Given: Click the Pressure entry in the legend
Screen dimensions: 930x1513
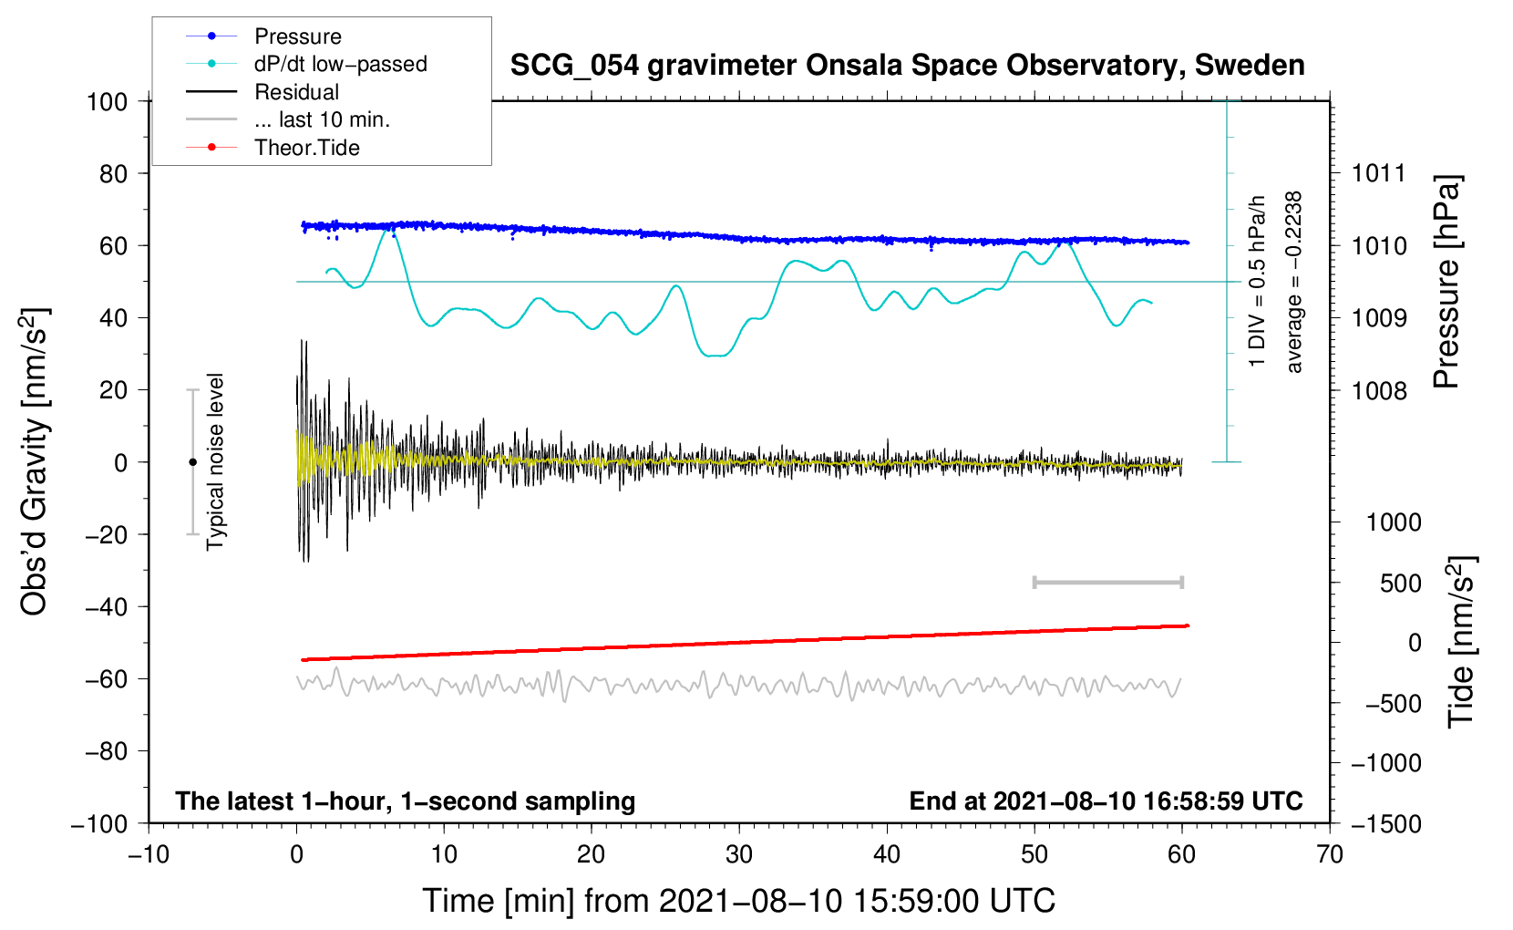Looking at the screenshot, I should click(297, 36).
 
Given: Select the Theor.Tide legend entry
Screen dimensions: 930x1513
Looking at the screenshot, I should click(306, 148).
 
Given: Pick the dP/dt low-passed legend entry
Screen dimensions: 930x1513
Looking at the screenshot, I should click(340, 64).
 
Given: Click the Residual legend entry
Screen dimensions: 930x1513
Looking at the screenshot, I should click(296, 92).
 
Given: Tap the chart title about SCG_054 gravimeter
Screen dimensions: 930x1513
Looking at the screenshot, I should click(907, 66).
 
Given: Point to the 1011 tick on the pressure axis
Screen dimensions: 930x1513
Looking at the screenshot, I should click(1378, 173).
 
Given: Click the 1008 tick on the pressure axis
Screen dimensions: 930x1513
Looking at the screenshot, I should click(1378, 391).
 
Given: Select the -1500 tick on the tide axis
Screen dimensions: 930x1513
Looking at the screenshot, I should click(1385, 824).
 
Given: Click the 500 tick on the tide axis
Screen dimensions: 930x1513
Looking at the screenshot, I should click(1400, 583).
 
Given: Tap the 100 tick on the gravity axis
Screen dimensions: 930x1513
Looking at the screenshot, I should click(107, 101).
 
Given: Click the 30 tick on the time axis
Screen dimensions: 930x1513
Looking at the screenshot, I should click(739, 854).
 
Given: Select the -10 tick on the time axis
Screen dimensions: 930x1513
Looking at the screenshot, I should click(149, 854).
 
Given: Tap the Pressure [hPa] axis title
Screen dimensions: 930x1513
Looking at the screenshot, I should click(1446, 282).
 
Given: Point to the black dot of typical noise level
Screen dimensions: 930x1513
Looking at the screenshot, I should click(192, 462).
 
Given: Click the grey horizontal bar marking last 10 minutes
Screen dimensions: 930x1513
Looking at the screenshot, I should click(1107, 582).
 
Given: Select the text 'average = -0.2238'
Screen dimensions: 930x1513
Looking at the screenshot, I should click(1294, 282).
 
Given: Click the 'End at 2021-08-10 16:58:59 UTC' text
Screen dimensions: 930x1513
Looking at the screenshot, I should click(1106, 801).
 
